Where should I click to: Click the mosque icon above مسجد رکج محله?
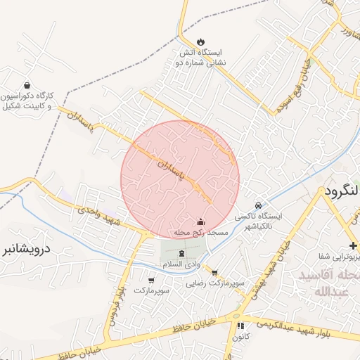pos(200,221)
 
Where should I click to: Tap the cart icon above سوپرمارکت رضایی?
pos(214,273)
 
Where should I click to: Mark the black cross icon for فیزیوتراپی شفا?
pos(353,245)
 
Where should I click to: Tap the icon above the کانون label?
pos(240,326)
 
